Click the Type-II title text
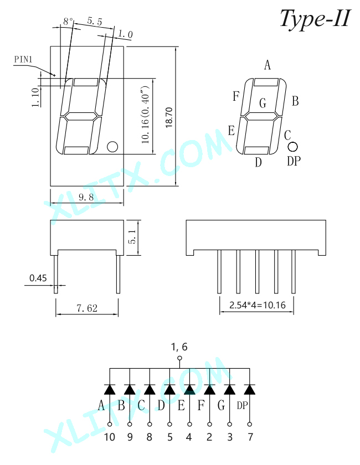pyautogui.click(x=315, y=18)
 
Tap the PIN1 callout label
pyautogui.click(x=23, y=59)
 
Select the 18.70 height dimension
pyautogui.click(x=169, y=118)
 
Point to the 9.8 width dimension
pyautogui.click(x=86, y=197)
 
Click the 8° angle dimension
pyautogui.click(x=68, y=22)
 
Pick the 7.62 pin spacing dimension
pyautogui.click(x=87, y=308)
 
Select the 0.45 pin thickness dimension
pyautogui.click(x=38, y=278)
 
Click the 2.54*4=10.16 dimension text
pyautogui.click(x=258, y=305)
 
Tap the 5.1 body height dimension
pyautogui.click(x=132, y=237)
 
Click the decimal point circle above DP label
pyautogui.click(x=292, y=147)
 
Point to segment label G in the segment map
pyautogui.click(x=263, y=103)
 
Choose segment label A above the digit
pyautogui.click(x=268, y=65)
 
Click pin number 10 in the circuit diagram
pyautogui.click(x=110, y=437)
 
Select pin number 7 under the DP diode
pyautogui.click(x=250, y=437)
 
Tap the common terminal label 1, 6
pyautogui.click(x=179, y=347)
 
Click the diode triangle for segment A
pyautogui.click(x=110, y=389)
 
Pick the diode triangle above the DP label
pyautogui.click(x=249, y=389)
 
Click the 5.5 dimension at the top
pyautogui.click(x=95, y=21)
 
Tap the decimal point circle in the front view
pyautogui.click(x=112, y=147)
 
